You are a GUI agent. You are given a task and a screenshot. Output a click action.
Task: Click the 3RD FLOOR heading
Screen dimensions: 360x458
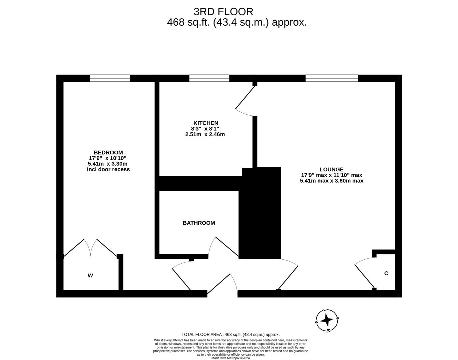coord(223,12)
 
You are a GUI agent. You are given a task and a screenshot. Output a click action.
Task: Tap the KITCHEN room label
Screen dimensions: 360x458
coord(206,123)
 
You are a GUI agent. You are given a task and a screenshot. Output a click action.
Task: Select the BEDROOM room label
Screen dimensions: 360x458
coord(108,152)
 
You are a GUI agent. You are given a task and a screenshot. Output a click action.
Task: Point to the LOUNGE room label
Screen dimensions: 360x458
coord(331,169)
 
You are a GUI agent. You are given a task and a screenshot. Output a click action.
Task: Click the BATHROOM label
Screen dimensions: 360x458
coord(199,223)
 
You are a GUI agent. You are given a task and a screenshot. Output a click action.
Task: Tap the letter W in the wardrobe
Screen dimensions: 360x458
coord(90,275)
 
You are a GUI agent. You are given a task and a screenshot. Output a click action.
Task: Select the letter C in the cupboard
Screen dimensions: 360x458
coord(386,273)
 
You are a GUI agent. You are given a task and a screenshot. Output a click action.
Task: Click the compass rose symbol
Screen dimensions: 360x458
coord(327,320)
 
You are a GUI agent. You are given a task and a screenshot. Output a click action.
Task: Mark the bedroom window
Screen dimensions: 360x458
coord(110,78)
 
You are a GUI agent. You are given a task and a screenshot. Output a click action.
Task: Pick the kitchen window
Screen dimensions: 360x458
coord(209,78)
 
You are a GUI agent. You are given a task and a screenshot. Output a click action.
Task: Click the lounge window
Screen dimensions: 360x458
coord(331,78)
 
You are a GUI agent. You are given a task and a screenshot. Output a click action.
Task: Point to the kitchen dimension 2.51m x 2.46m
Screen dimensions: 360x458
coord(205,134)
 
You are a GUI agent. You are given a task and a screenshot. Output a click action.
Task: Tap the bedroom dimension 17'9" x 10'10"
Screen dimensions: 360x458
coord(107,158)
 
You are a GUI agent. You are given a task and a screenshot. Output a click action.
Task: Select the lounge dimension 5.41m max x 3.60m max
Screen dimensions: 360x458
coord(331,181)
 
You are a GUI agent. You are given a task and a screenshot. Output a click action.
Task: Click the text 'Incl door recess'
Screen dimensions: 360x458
coord(108,169)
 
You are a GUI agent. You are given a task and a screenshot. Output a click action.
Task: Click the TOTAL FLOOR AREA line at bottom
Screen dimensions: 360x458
coord(230,334)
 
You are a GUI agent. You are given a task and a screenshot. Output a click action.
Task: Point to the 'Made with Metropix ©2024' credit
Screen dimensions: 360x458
coord(230,358)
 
